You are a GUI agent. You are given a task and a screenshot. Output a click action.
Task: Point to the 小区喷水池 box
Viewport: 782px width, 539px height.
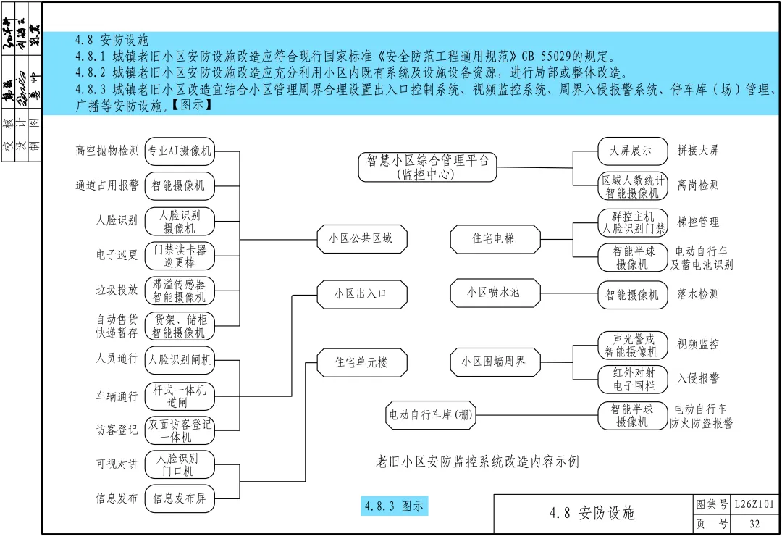(x=493, y=293)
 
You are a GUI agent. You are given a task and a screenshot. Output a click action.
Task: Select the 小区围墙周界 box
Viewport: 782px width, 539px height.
(x=493, y=362)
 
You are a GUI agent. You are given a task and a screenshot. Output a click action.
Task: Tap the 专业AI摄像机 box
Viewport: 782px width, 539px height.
(x=180, y=151)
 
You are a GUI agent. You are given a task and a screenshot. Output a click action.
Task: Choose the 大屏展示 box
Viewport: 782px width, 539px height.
(x=632, y=151)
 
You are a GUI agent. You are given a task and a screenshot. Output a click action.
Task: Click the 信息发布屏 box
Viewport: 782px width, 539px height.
(x=180, y=498)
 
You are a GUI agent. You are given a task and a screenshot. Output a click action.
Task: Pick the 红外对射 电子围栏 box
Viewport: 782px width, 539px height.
(x=632, y=379)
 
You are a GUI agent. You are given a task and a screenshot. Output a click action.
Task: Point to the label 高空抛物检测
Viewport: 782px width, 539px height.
(x=107, y=151)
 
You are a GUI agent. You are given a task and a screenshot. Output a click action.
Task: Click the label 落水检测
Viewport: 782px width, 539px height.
(x=698, y=294)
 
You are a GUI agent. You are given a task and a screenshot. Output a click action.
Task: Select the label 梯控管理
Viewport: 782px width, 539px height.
(x=698, y=222)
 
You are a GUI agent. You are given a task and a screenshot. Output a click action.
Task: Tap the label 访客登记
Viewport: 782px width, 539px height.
(x=117, y=430)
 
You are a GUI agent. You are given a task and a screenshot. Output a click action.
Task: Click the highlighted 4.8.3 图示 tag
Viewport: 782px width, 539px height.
(x=395, y=506)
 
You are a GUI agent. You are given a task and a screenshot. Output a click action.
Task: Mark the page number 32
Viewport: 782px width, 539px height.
(x=754, y=524)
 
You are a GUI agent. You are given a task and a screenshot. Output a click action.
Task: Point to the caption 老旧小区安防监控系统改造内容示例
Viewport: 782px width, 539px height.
(x=478, y=461)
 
